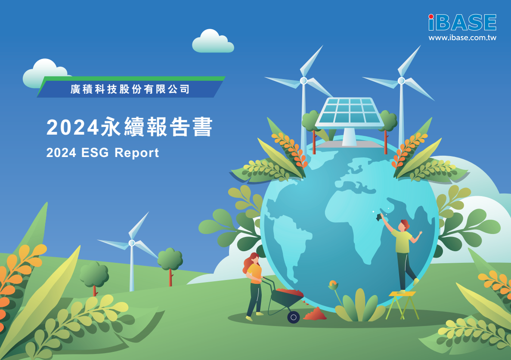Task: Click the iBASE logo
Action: [462, 22]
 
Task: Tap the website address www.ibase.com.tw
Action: [462, 38]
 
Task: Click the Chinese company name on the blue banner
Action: [130, 89]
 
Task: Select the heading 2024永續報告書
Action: [130, 126]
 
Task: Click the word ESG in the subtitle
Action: [95, 153]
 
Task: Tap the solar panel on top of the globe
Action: [350, 112]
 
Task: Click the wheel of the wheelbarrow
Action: [293, 317]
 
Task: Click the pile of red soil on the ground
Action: [315, 314]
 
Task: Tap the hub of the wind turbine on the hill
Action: [132, 243]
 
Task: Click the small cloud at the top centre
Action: [213, 41]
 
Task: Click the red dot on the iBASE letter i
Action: [431, 16]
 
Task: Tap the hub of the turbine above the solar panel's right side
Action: [401, 80]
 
